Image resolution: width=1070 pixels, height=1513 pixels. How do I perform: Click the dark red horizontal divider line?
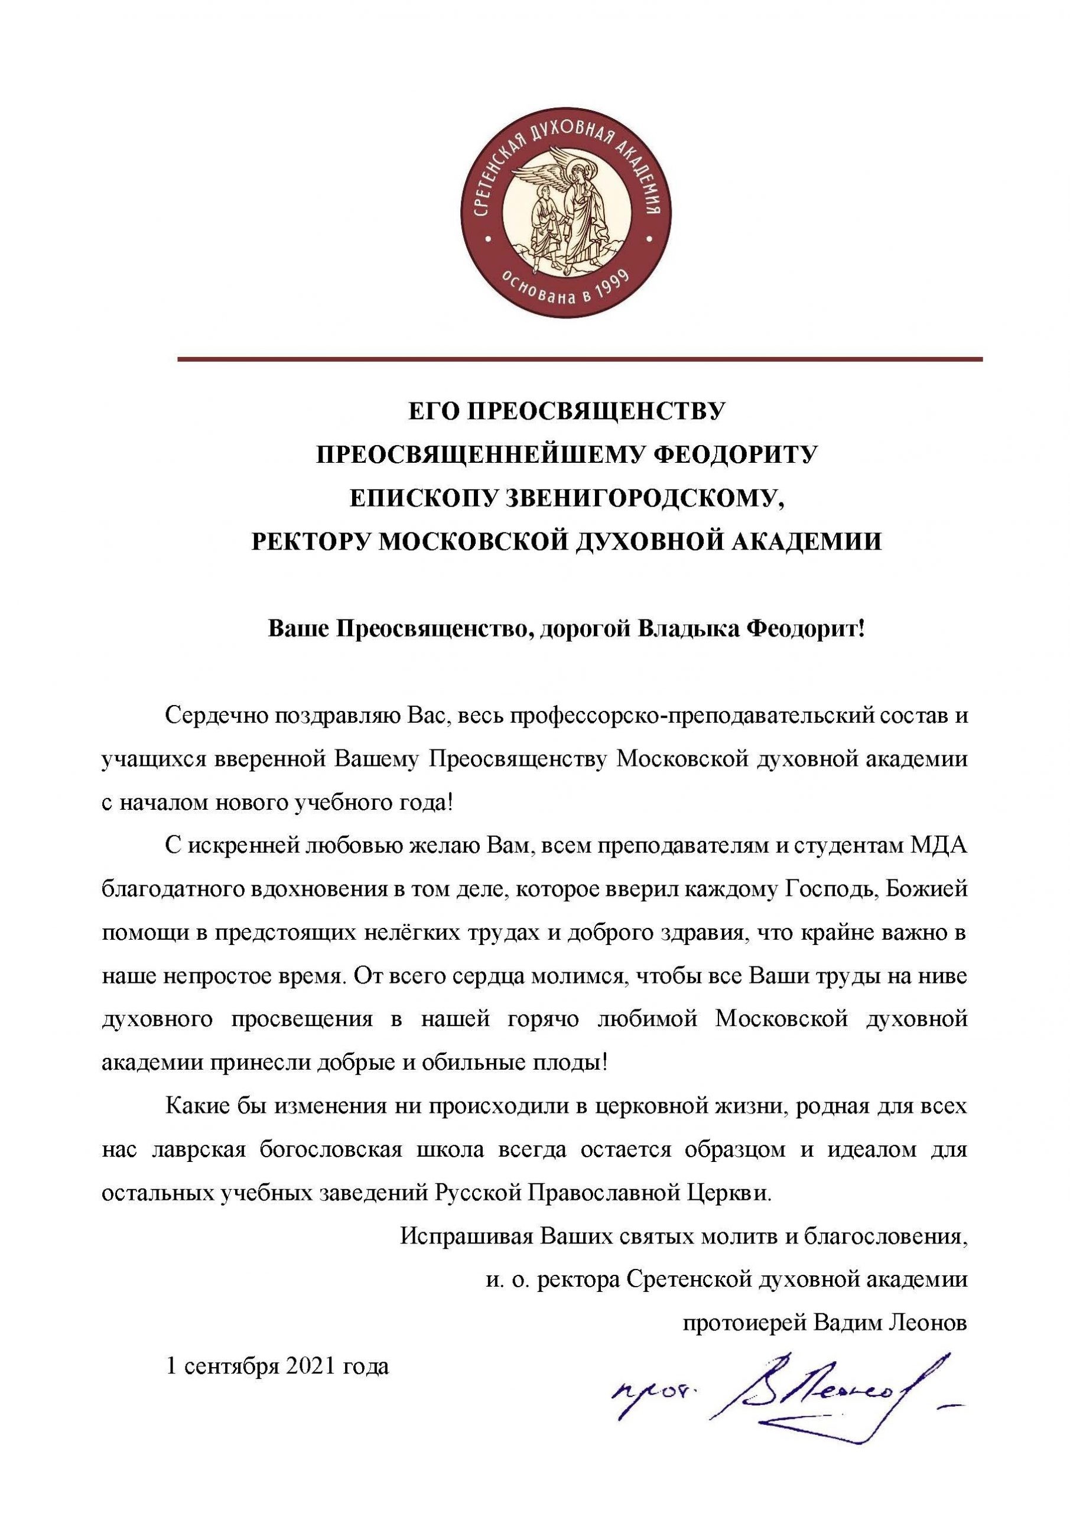point(580,359)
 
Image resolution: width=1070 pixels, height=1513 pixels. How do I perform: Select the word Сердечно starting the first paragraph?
point(210,716)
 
